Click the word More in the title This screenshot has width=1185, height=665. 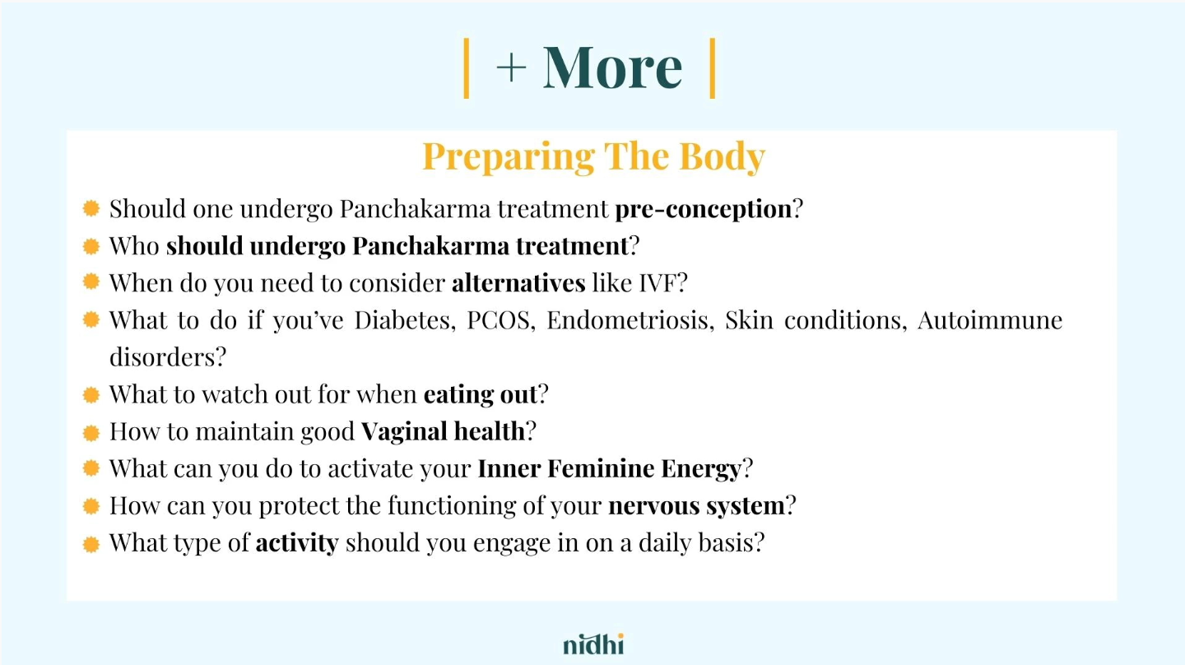[612, 67]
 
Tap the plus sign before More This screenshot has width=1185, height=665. [511, 67]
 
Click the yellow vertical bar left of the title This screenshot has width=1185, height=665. [466, 68]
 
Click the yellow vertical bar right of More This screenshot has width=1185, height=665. [713, 68]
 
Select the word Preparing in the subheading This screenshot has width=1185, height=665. [509, 157]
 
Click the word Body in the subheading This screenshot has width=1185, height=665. [723, 157]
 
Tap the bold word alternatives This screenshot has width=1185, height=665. [518, 283]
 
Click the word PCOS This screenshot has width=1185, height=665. [498, 320]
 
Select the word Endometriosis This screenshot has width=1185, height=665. [627, 320]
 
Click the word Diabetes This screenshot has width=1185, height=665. [402, 320]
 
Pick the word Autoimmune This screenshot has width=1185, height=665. [990, 320]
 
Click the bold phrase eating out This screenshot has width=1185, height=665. [481, 395]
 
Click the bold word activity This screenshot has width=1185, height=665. [297, 543]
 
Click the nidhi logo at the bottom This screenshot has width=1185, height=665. [593, 644]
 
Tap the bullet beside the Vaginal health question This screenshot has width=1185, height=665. [91, 433]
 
